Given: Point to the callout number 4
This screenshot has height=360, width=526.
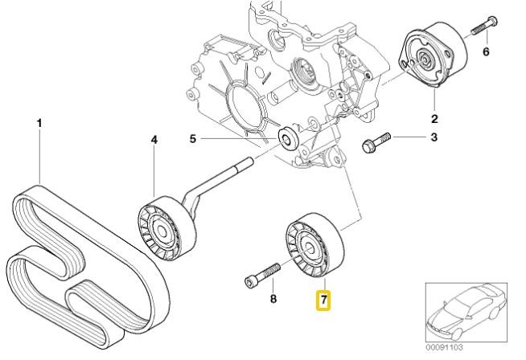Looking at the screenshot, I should click(154, 140).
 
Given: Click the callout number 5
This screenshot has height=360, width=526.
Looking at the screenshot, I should click(193, 139).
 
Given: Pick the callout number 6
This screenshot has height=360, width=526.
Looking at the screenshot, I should click(485, 53).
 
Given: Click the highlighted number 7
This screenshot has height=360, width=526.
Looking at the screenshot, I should click(324, 301).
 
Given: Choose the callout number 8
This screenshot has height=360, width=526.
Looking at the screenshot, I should click(273, 300).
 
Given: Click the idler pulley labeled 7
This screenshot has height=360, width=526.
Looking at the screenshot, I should click(311, 245).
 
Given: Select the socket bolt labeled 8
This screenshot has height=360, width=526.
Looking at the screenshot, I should click(261, 273).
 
